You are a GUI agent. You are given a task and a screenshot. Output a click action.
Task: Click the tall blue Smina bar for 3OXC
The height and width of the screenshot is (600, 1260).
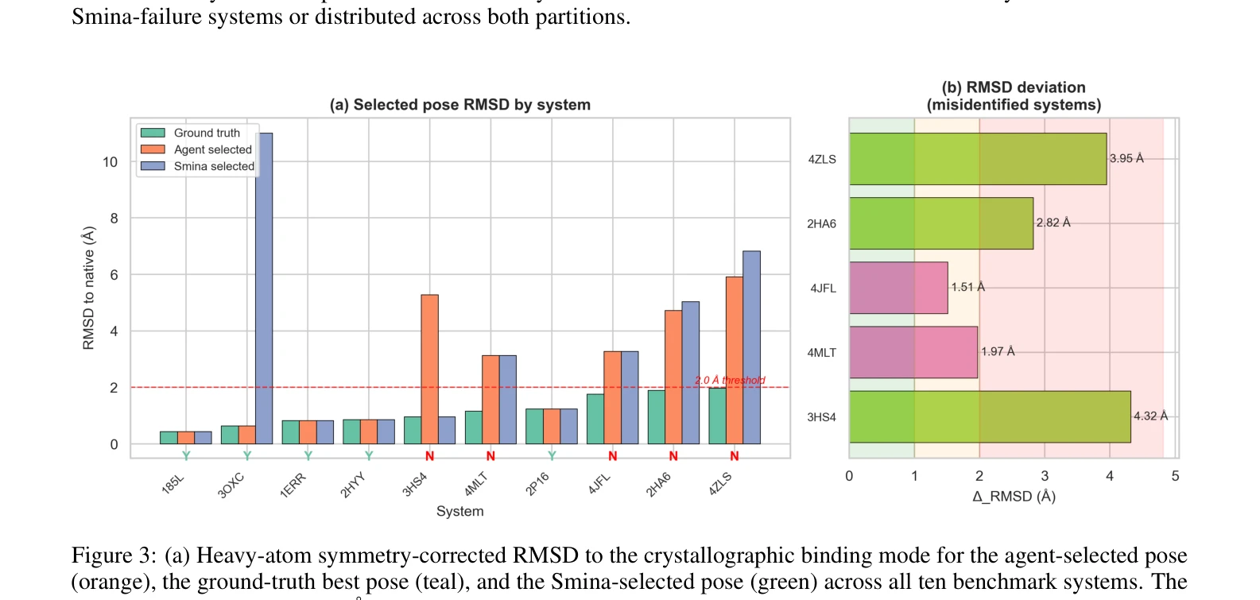(x=264, y=288)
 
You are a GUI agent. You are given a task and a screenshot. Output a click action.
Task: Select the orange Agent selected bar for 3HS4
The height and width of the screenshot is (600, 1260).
(x=430, y=370)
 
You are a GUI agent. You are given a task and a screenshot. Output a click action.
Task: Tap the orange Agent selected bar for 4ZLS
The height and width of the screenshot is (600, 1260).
(x=735, y=361)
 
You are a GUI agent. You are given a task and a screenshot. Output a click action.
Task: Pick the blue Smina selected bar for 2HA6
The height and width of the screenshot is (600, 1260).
(x=691, y=373)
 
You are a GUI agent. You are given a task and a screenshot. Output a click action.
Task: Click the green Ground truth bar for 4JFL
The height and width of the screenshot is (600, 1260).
(x=595, y=419)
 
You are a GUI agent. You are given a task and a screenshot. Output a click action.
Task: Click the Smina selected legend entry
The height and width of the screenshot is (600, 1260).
(x=197, y=166)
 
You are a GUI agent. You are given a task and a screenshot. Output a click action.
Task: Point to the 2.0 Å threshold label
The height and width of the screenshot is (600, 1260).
(x=730, y=380)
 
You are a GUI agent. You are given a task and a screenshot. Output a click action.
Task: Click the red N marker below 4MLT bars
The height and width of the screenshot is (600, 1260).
(x=490, y=456)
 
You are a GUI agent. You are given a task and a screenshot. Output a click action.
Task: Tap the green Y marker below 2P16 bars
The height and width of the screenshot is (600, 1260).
(x=552, y=455)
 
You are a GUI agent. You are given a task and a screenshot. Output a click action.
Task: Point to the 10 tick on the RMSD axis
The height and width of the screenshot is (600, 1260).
(x=110, y=162)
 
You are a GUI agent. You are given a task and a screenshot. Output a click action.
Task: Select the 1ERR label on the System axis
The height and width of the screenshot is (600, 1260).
(x=293, y=486)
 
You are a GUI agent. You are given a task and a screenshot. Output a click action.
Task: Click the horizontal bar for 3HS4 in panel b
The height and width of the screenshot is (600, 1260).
(x=990, y=416)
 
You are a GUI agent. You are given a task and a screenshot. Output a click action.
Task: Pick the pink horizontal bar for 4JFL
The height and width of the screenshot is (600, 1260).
(x=898, y=288)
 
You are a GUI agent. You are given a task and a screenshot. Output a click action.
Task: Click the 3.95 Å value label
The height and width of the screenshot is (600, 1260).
(x=1126, y=159)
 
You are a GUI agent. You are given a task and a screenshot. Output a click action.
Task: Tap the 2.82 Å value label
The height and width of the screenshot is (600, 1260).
(x=1053, y=223)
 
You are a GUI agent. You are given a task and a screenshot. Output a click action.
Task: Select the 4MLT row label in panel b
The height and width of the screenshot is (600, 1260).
(x=822, y=353)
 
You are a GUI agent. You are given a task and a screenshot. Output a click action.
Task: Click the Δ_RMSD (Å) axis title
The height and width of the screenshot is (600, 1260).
(x=1014, y=497)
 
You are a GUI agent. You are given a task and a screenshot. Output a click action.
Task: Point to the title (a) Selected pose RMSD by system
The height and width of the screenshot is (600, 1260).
(x=460, y=105)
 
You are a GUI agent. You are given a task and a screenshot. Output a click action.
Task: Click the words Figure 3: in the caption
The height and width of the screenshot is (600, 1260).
(x=114, y=555)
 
